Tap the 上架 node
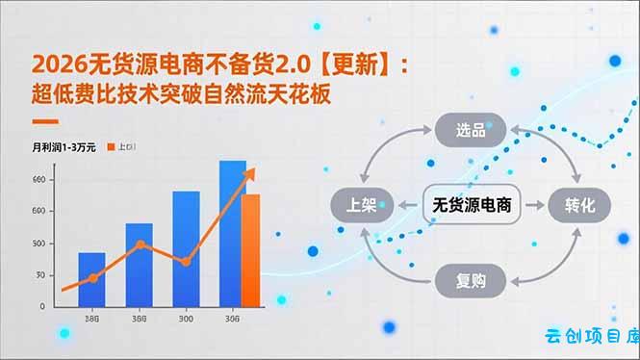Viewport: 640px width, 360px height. click(x=360, y=205)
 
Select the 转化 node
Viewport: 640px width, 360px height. click(x=580, y=205)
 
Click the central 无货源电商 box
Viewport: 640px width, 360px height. click(x=471, y=205)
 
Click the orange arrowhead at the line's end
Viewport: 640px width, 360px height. click(x=251, y=172)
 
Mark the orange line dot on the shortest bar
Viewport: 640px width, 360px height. click(x=93, y=278)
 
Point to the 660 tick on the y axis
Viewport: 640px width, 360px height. click(x=38, y=180)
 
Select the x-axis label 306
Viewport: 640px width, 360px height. click(x=232, y=319)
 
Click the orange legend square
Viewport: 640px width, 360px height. click(x=112, y=147)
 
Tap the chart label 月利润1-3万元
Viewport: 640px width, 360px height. click(x=64, y=147)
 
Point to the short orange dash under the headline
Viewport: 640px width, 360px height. click(x=44, y=121)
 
